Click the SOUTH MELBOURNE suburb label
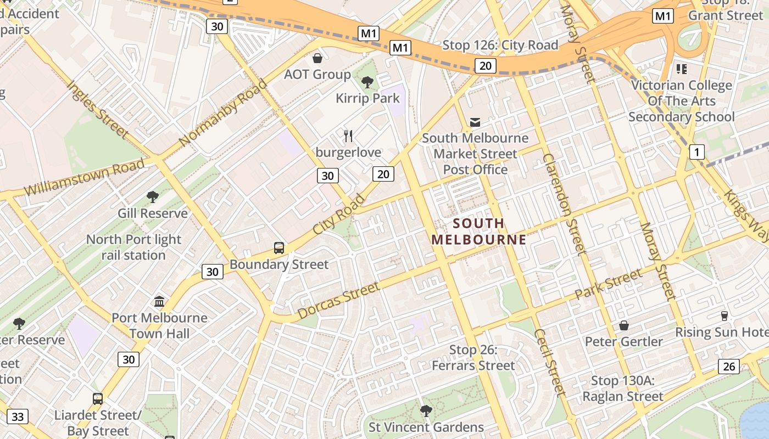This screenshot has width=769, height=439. [478, 231]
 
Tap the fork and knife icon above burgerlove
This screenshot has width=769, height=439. [348, 136]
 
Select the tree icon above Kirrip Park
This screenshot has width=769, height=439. [367, 82]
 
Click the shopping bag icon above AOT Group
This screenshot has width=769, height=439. [317, 58]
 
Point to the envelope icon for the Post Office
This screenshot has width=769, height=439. [475, 122]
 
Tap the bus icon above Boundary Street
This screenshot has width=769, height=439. [279, 248]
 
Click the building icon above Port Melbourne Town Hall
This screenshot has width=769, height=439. [159, 301]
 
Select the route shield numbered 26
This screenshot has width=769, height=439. [728, 367]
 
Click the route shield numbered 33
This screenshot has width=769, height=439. [18, 417]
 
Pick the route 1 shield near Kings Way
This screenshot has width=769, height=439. [696, 152]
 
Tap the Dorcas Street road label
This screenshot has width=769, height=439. [338, 301]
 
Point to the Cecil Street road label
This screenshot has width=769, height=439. [549, 362]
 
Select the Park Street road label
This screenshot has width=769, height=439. [608, 284]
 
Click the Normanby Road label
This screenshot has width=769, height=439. [222, 112]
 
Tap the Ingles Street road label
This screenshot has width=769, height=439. [97, 109]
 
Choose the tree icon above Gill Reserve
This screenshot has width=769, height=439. [153, 196]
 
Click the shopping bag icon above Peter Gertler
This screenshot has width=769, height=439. [624, 325]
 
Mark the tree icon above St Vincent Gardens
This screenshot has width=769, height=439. [426, 410]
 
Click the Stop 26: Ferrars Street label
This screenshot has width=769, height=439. [473, 358]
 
